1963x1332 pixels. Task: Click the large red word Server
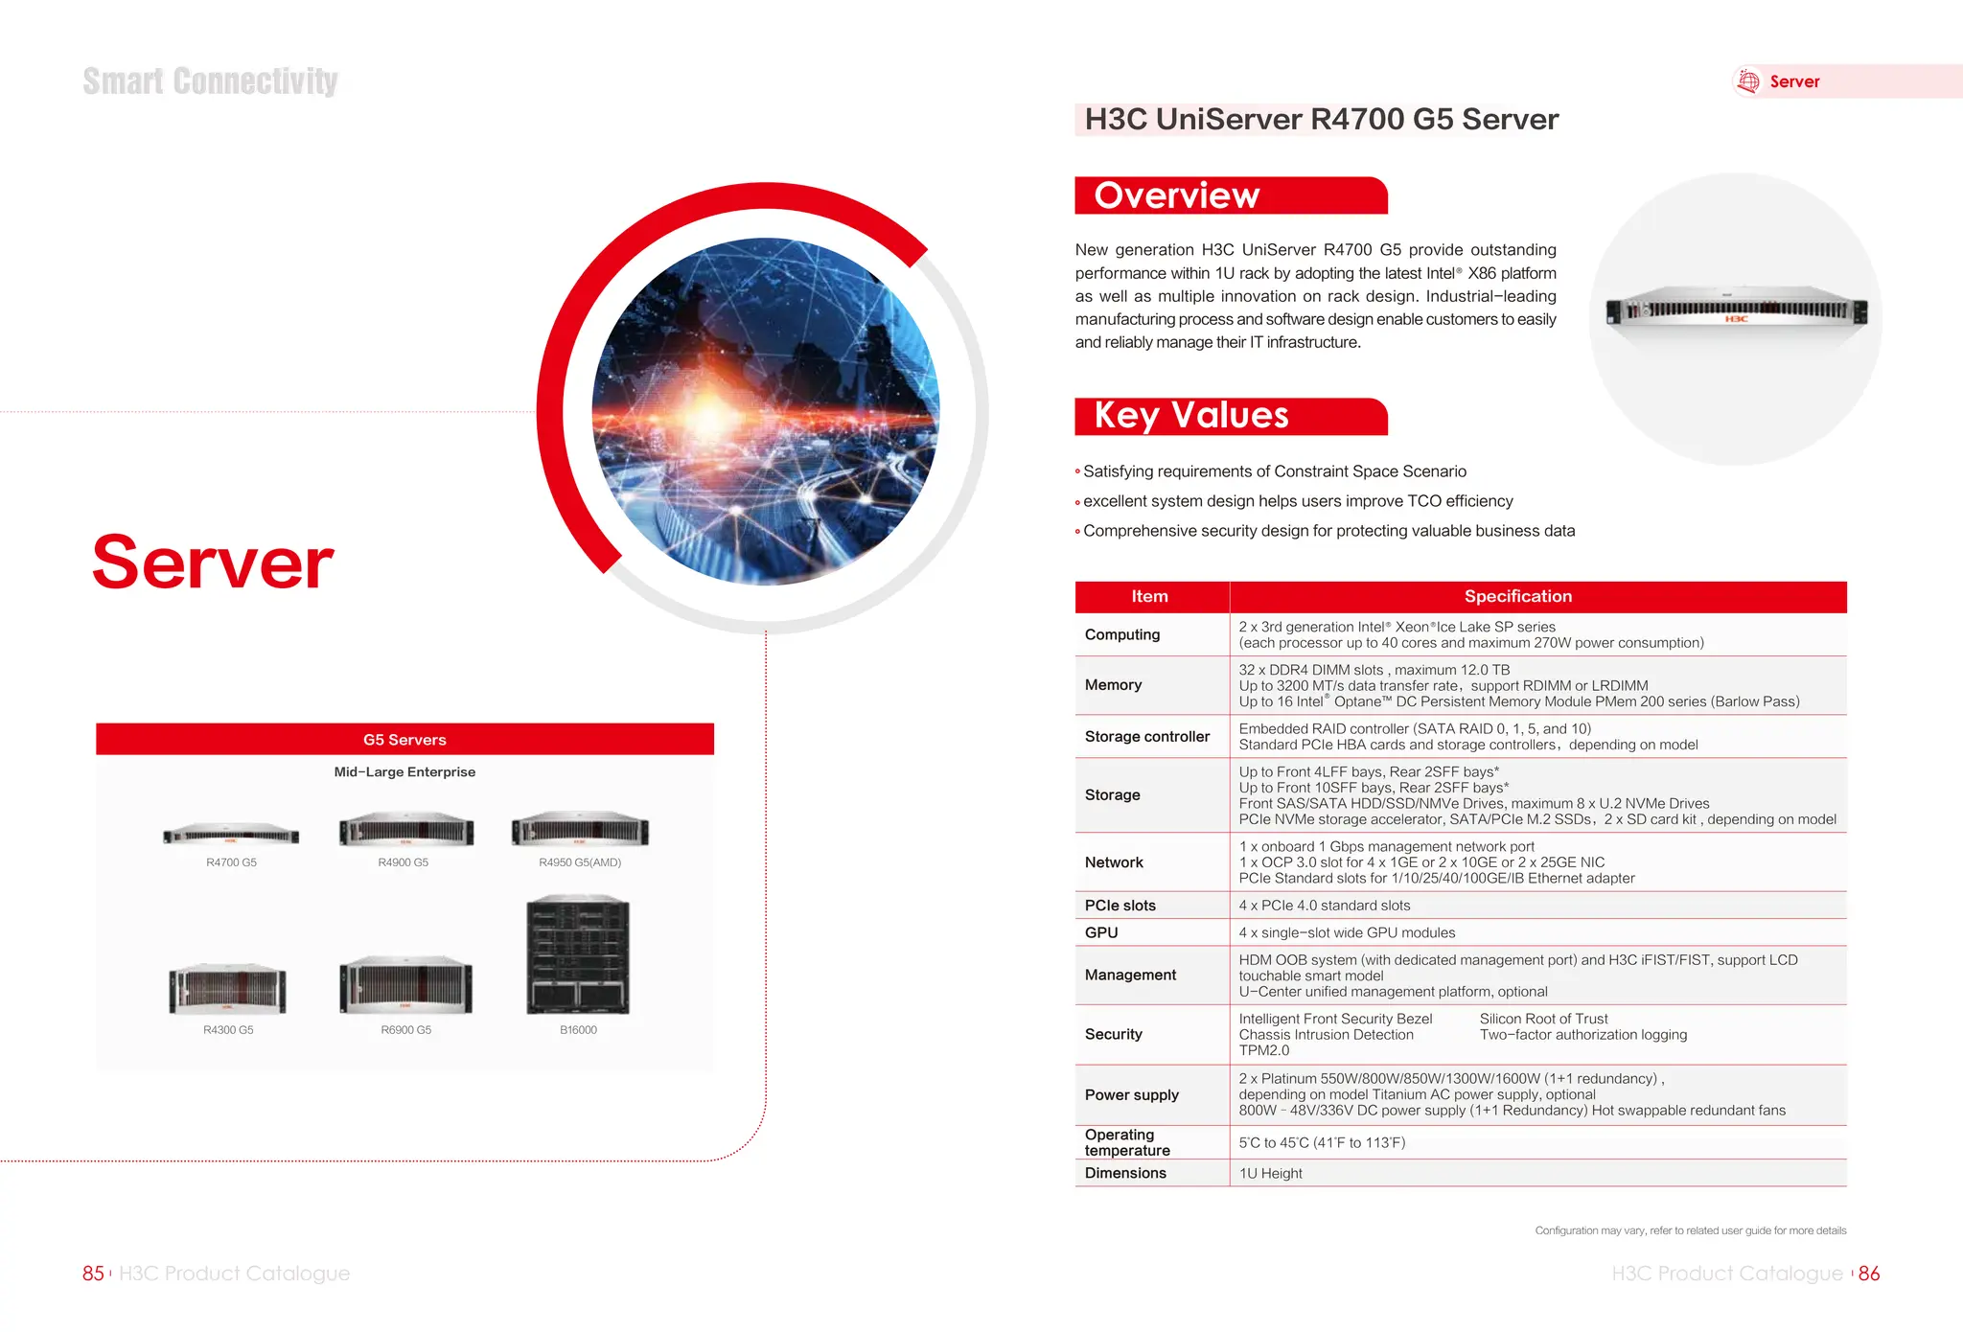coord(213,563)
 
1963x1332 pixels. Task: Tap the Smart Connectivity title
coord(210,81)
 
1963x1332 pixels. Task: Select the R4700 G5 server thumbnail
coord(231,834)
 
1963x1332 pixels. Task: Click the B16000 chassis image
coord(578,954)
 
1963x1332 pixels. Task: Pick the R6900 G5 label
coord(405,1030)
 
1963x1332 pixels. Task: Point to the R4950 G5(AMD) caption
coord(580,862)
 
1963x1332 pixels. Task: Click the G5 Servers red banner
coord(404,740)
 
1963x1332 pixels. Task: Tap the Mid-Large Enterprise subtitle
coord(404,772)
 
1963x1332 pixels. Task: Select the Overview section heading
coord(1177,195)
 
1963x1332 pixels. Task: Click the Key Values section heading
coord(1191,416)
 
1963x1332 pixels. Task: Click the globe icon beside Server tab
coord(1748,81)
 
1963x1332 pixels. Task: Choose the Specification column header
coord(1517,596)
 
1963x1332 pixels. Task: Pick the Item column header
coord(1149,596)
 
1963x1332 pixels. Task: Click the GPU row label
coord(1101,932)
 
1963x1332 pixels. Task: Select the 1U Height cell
coord(1270,1173)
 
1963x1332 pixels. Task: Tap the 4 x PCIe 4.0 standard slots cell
coord(1324,906)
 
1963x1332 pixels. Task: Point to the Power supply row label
coord(1131,1094)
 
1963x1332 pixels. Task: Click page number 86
coord(1869,1274)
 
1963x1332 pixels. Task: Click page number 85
coord(93,1274)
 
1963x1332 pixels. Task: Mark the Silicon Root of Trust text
coord(1543,1019)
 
